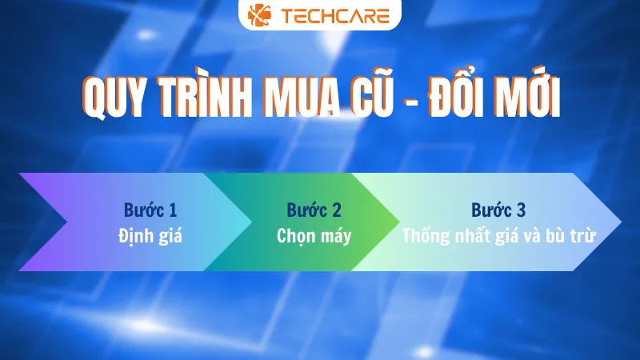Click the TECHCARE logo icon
tap(259, 14)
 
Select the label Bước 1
tap(150, 210)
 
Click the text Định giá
tap(150, 236)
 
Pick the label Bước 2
tap(314, 210)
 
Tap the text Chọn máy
tap(314, 236)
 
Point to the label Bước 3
tap(498, 210)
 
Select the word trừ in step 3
tap(584, 236)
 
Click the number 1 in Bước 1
tap(173, 210)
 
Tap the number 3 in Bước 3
tap(521, 210)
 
